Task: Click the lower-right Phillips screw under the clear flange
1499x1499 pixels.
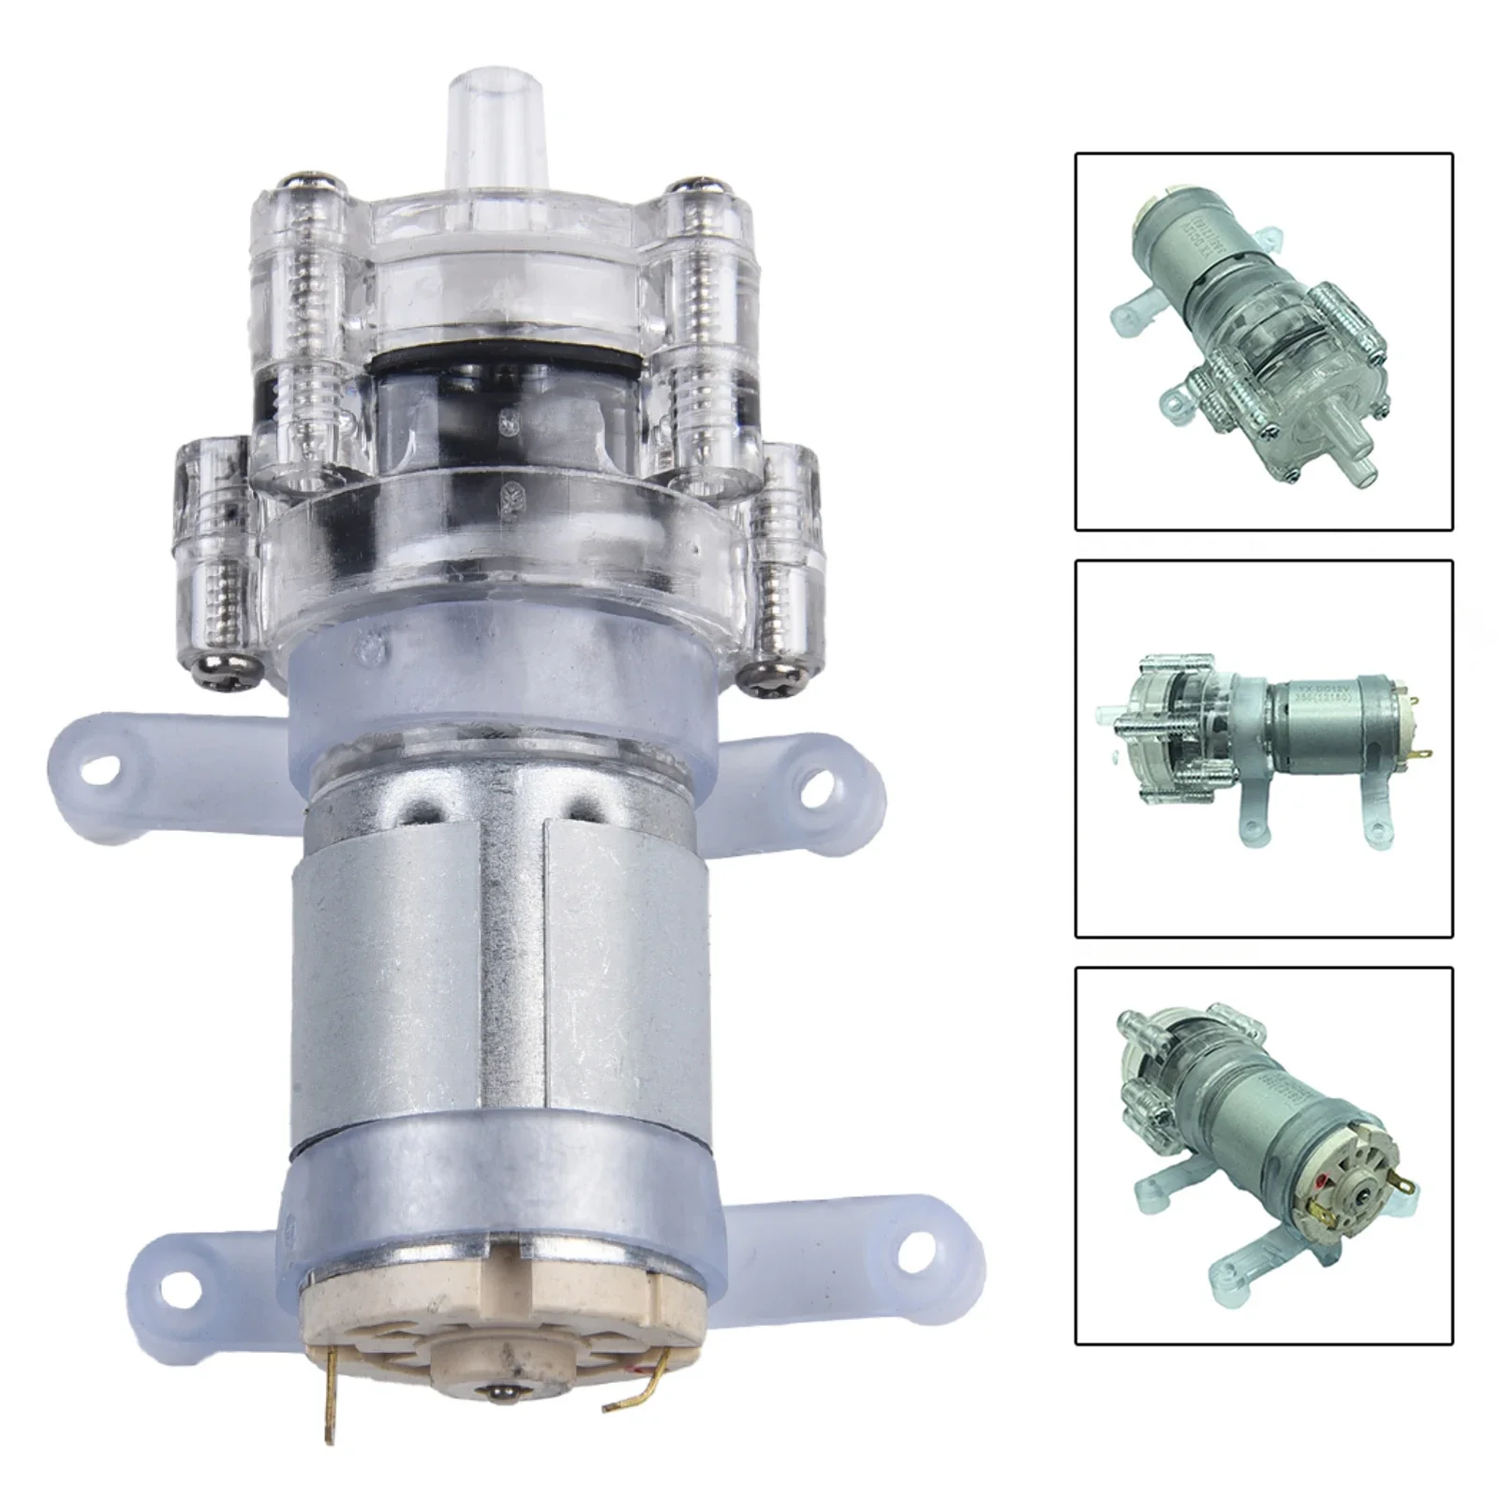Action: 764,673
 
